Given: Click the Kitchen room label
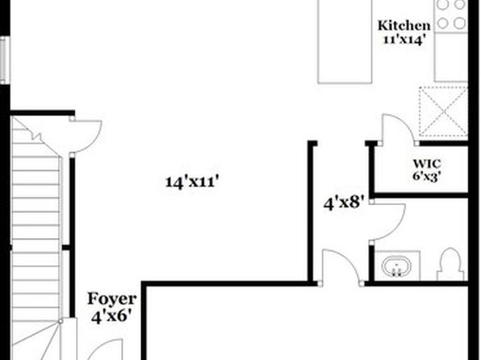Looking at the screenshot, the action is click(404, 26).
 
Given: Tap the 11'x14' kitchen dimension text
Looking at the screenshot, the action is click(404, 40).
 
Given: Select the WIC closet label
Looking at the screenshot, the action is click(427, 164).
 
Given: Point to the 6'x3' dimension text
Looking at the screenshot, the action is click(427, 177).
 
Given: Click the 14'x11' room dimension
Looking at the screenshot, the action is click(192, 182).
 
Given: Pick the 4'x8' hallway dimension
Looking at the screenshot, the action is click(344, 203).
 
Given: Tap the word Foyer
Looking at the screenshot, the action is click(111, 299).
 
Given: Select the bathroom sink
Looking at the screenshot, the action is click(397, 266).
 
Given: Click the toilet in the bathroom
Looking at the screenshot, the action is click(450, 264).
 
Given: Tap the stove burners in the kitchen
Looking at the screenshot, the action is click(451, 15).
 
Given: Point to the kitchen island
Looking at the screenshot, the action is click(345, 41).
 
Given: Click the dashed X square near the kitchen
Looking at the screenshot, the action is click(443, 111).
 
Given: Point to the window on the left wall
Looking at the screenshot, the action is click(4, 60).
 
